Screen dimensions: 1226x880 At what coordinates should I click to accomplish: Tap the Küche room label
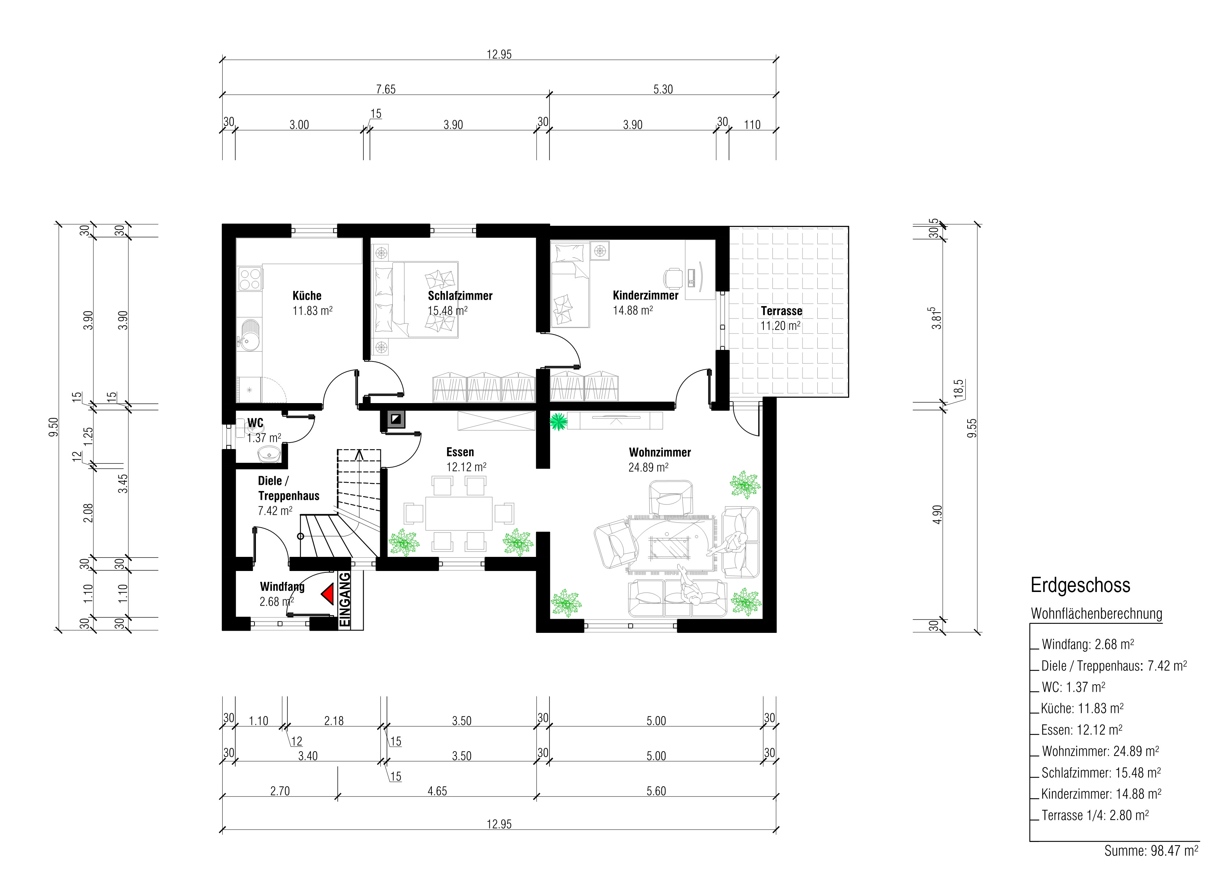pyautogui.click(x=307, y=296)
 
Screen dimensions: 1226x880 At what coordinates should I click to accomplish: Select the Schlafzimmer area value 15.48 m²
pyautogui.click(x=448, y=310)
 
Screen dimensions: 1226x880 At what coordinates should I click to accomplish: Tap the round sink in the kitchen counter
pyautogui.click(x=250, y=335)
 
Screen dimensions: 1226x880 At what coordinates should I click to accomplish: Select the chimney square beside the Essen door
pyautogui.click(x=396, y=419)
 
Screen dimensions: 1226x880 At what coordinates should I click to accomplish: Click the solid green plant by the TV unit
pyautogui.click(x=559, y=421)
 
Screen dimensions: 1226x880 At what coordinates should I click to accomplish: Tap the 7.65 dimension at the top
pyautogui.click(x=386, y=89)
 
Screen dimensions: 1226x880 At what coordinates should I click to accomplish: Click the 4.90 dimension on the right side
pyautogui.click(x=938, y=514)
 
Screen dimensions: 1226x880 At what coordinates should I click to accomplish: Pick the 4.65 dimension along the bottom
pyautogui.click(x=437, y=791)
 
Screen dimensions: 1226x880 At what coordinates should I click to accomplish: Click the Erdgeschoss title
pyautogui.click(x=1080, y=585)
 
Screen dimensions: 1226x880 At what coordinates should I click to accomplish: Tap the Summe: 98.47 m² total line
pyautogui.click(x=1151, y=851)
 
